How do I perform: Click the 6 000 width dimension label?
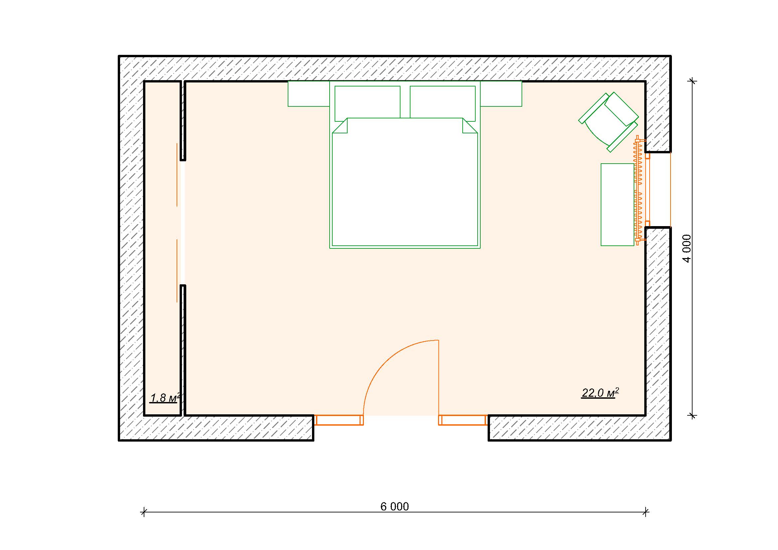click(x=394, y=506)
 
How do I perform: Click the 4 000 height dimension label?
click(x=687, y=248)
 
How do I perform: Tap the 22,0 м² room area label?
click(x=600, y=393)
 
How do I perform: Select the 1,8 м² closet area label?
click(x=165, y=398)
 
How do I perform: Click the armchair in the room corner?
click(x=609, y=122)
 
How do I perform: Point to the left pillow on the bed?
click(x=367, y=103)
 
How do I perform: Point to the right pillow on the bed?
click(x=442, y=103)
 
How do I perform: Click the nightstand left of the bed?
click(x=309, y=94)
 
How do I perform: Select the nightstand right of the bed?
click(x=501, y=94)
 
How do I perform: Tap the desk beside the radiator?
click(x=617, y=205)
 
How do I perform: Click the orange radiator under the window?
click(x=639, y=190)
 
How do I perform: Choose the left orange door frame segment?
click(x=339, y=420)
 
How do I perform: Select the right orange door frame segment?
click(x=463, y=420)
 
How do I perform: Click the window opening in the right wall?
click(x=658, y=190)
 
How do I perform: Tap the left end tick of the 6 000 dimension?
click(x=144, y=512)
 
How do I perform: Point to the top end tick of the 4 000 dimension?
click(x=693, y=81)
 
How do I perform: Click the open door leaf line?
click(x=439, y=378)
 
